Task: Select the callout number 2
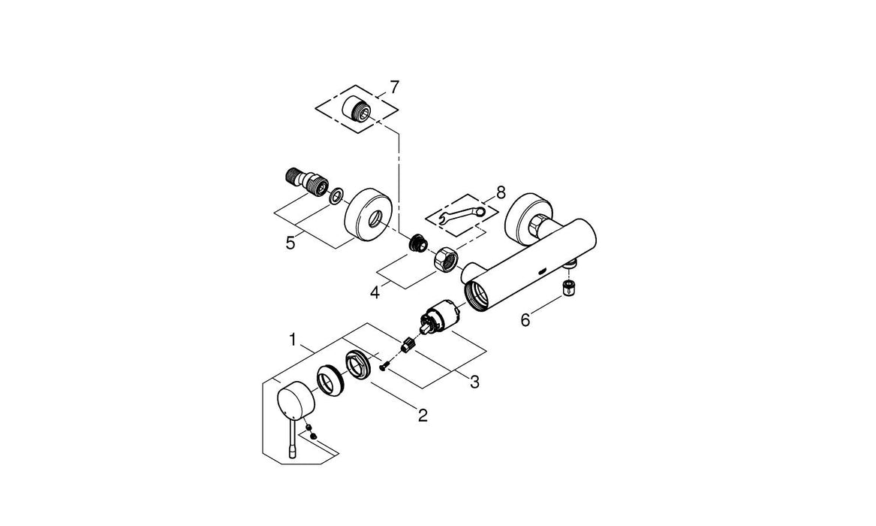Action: coord(423,415)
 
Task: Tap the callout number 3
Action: coord(474,382)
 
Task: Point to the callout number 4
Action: coord(374,289)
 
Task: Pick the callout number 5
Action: coord(290,243)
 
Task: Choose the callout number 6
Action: coord(526,320)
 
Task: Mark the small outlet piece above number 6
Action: coord(570,286)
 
